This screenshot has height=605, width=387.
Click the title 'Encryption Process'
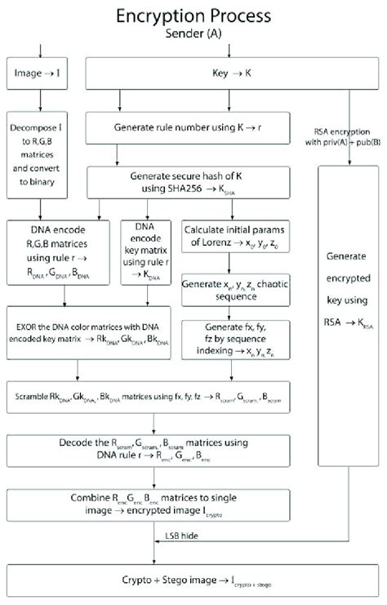click(193, 16)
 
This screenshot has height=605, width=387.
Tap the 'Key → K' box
click(193, 73)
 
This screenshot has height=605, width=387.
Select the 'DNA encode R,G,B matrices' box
click(59, 252)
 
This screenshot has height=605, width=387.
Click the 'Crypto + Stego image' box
click(193, 583)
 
